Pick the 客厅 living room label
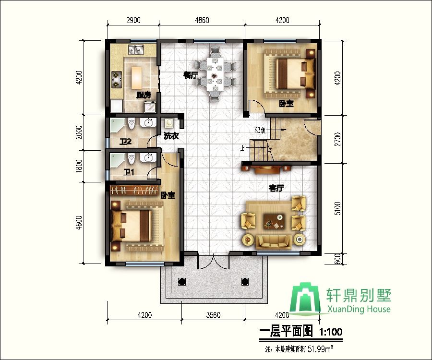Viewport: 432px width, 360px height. pos(276,188)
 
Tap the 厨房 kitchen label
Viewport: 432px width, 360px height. pos(144,95)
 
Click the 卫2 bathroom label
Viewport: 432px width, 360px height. pos(125,142)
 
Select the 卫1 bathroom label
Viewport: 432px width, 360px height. pos(129,172)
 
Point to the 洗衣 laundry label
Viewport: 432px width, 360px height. pos(171,136)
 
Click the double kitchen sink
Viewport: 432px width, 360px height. pos(136,49)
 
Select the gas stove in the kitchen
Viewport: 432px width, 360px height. pos(116,80)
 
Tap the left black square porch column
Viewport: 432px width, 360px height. pos(182,282)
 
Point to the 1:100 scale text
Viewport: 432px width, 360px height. pos(330,332)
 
